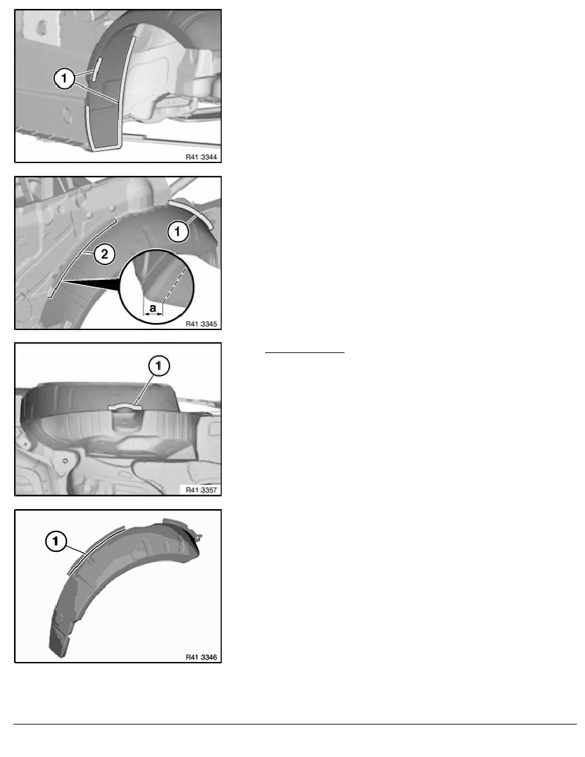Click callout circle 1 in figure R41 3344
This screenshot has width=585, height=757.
click(64, 78)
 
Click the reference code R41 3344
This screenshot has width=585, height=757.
click(201, 157)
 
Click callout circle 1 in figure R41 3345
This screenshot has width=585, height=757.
click(177, 232)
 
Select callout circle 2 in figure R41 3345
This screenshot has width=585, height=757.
click(105, 254)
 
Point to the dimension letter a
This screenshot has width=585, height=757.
click(153, 308)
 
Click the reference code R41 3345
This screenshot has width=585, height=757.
click(201, 324)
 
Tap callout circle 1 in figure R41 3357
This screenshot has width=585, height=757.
click(159, 366)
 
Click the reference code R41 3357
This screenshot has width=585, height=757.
click(201, 490)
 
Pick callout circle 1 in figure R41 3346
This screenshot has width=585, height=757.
click(55, 541)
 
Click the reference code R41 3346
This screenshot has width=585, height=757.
click(201, 657)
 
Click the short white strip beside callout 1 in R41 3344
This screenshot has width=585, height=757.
click(96, 69)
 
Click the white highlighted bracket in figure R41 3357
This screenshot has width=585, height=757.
click(126, 407)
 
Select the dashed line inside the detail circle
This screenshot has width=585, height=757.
click(175, 285)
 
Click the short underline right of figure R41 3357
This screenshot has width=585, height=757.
click(305, 353)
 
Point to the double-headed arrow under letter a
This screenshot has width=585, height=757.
click(154, 314)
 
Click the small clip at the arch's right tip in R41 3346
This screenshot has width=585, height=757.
click(198, 536)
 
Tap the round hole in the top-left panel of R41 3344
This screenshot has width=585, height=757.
click(41, 27)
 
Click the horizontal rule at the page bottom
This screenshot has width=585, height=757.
click(295, 724)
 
